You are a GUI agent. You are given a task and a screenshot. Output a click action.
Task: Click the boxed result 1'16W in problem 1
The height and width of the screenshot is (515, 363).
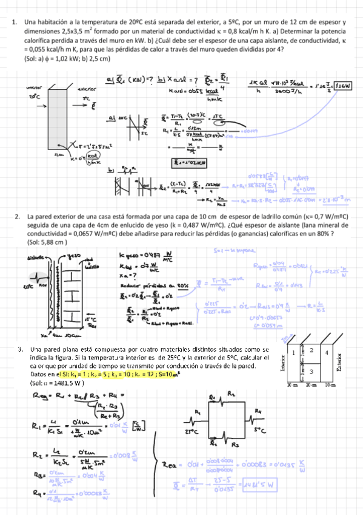343,86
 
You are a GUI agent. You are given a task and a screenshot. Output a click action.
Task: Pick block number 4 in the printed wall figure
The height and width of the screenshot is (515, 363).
327,352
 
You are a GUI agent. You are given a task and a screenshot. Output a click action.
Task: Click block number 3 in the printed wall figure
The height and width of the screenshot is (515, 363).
310,371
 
